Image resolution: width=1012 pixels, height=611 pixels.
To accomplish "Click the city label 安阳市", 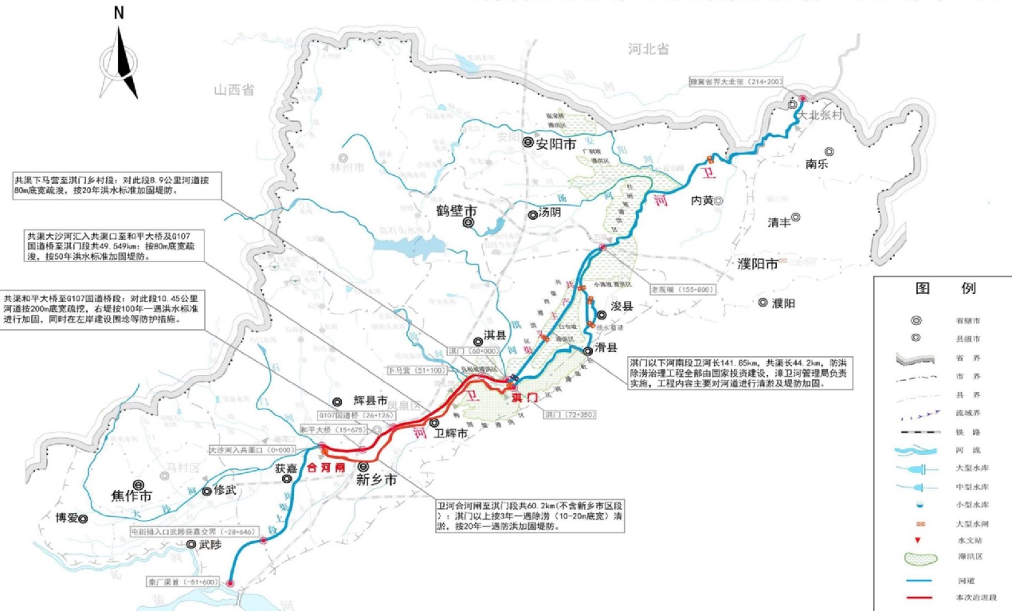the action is pos(555,144).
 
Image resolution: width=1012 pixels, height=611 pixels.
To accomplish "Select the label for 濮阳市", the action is pos(755,264).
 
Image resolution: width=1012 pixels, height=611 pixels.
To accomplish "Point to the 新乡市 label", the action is pos(376,480).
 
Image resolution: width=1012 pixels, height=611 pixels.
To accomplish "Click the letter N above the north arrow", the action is pos(119,13).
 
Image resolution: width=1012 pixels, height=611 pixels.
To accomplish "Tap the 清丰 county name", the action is pos(779,223).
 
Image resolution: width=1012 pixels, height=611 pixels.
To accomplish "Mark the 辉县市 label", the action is pos(370,401).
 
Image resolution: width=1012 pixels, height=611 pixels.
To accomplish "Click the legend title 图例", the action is pos(945,288).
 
